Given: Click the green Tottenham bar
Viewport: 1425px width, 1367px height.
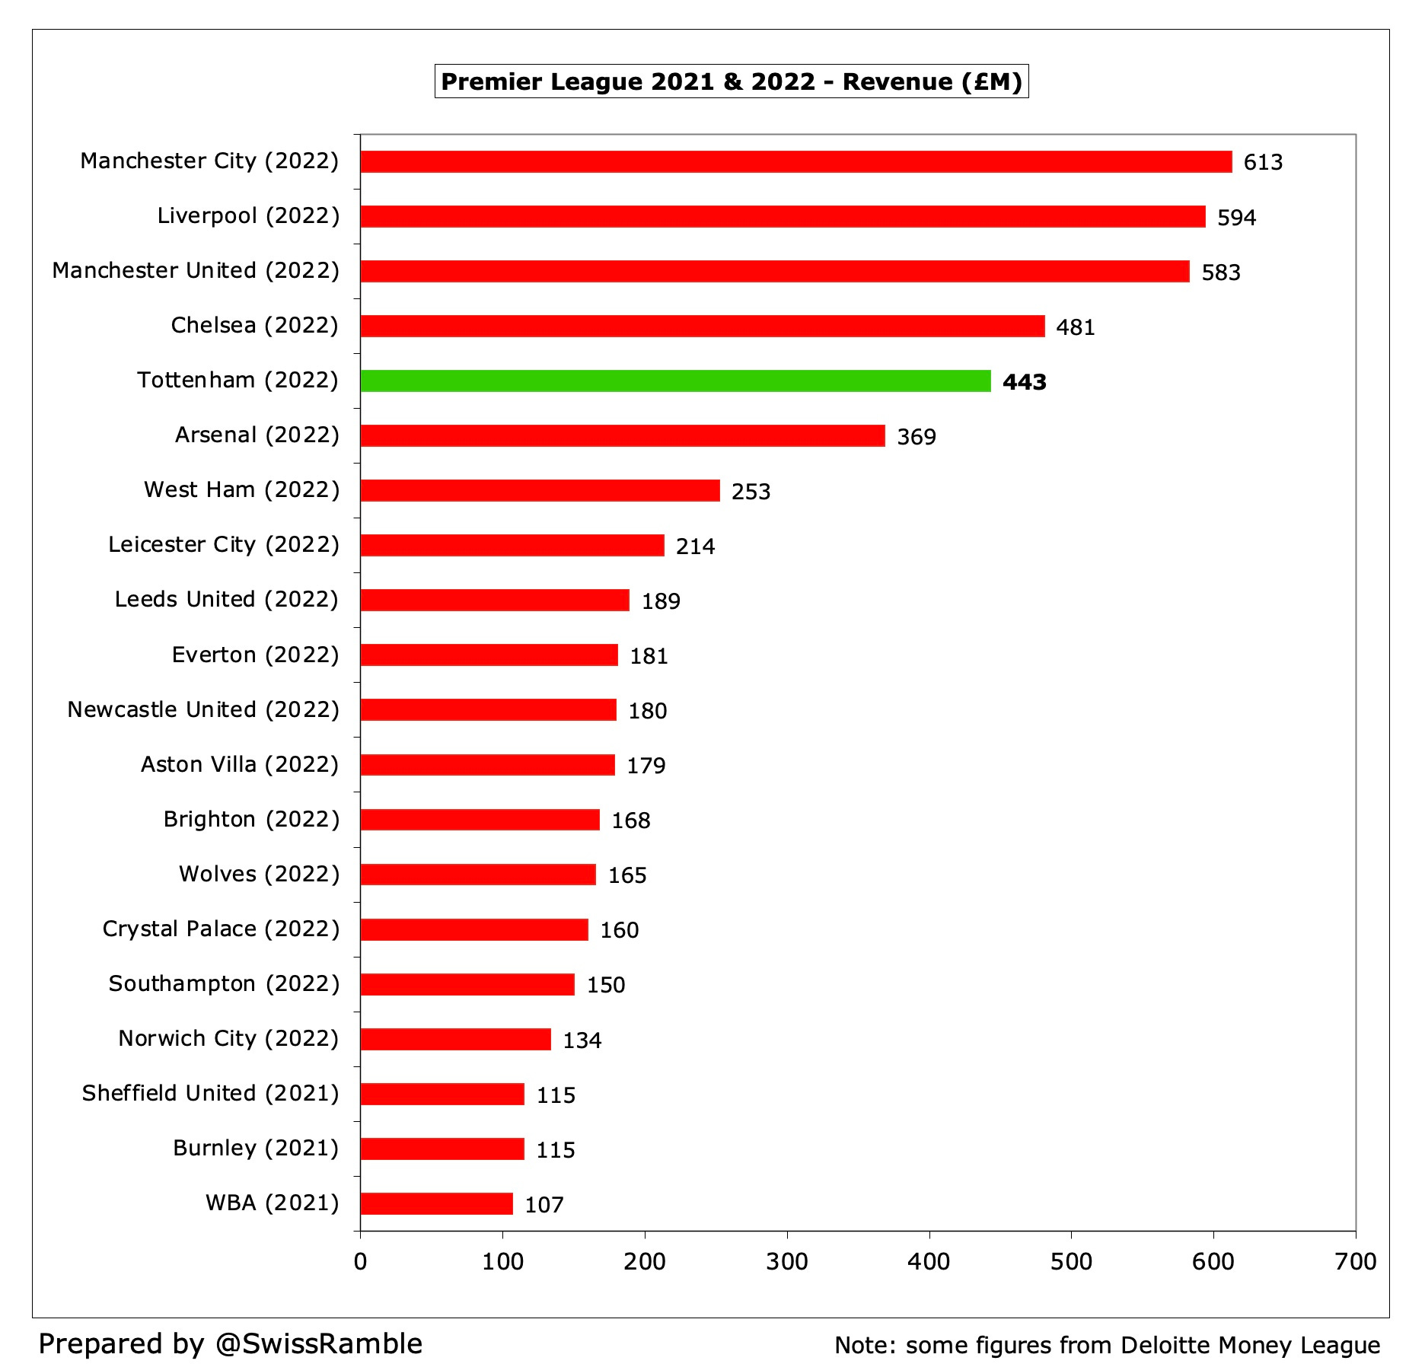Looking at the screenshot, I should click(x=675, y=381).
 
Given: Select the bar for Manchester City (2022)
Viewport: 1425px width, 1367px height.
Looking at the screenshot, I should click(x=795, y=161).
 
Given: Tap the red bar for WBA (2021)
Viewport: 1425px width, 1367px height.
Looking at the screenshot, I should click(x=436, y=1203).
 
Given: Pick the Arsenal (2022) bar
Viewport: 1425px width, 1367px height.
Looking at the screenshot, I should click(x=622, y=435).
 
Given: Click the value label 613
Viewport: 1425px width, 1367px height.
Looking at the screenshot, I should click(x=1263, y=162).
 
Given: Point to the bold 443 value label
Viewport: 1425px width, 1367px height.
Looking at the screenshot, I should click(x=1024, y=382).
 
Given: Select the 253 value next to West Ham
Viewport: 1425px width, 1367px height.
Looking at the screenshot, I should click(x=751, y=492).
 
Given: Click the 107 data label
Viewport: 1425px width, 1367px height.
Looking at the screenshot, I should click(x=544, y=1205).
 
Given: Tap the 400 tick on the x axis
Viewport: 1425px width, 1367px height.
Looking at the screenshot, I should click(x=928, y=1262).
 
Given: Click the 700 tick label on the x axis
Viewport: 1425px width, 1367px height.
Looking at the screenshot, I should click(x=1355, y=1262).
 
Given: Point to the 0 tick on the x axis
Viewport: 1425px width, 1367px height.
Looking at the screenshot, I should click(x=360, y=1262).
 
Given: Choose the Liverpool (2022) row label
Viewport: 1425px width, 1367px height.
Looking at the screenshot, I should click(x=247, y=216).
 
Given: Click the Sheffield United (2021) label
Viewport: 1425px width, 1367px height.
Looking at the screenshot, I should click(x=210, y=1093).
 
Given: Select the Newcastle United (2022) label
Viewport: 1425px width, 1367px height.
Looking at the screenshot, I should click(x=202, y=709).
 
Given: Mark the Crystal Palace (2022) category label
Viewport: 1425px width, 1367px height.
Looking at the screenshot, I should click(x=221, y=929).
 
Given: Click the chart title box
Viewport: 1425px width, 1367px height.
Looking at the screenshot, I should click(x=731, y=81).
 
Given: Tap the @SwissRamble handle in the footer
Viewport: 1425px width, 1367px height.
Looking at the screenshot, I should click(x=318, y=1343).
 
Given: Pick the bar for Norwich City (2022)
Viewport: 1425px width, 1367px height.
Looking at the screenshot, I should click(x=455, y=1039).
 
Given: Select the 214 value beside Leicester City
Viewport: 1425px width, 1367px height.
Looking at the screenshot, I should click(x=695, y=546).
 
